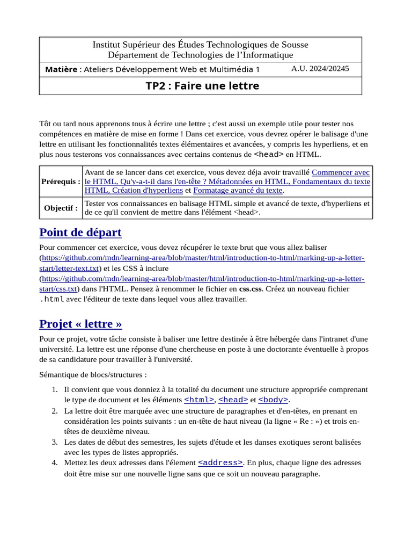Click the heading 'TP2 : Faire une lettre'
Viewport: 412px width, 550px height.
(202, 86)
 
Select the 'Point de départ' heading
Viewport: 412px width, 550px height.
(80, 233)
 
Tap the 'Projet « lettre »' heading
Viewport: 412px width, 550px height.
(80, 324)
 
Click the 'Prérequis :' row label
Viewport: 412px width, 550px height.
(61, 182)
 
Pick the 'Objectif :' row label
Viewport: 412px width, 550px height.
(61, 208)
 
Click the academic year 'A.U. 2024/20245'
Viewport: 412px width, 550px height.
(320, 69)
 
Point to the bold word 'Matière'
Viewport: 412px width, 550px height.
(61, 69)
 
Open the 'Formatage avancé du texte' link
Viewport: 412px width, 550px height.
(238, 190)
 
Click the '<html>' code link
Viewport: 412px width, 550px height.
(199, 400)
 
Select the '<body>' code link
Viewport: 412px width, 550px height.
(273, 400)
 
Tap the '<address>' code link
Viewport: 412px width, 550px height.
(220, 462)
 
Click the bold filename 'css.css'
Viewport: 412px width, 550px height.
(251, 288)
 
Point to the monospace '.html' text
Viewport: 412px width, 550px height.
(52, 299)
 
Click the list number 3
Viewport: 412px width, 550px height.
(55, 442)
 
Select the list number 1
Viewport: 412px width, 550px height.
(55, 389)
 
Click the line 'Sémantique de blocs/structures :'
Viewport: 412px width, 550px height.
(93, 374)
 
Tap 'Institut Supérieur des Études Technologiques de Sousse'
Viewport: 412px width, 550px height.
(201, 45)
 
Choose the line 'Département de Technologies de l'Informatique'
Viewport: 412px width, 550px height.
(201, 55)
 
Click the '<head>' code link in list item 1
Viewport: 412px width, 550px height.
(233, 400)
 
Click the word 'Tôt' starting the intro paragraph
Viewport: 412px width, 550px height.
(46, 124)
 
